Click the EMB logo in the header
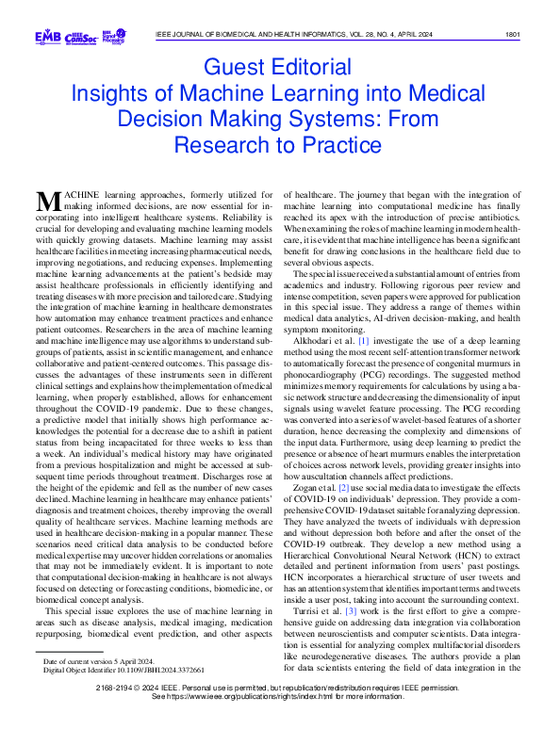[x=47, y=37]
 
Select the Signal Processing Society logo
[x=114, y=37]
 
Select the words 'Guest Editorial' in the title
[x=280, y=69]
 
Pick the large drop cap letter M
[x=47, y=201]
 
